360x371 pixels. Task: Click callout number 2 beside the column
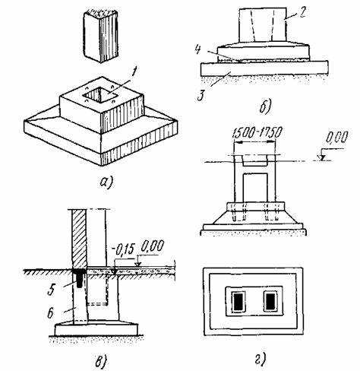[x=301, y=13]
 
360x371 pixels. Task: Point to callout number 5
[x=52, y=290]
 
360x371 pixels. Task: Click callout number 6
[x=51, y=313]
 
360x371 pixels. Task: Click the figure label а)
[x=106, y=182]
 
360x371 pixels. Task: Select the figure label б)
[x=265, y=107]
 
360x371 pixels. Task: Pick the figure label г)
[x=261, y=359]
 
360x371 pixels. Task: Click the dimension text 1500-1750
[x=257, y=132]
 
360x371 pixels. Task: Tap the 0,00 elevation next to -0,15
[x=153, y=246]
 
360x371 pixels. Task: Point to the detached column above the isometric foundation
[x=101, y=36]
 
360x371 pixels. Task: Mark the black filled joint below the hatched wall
[x=79, y=277]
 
